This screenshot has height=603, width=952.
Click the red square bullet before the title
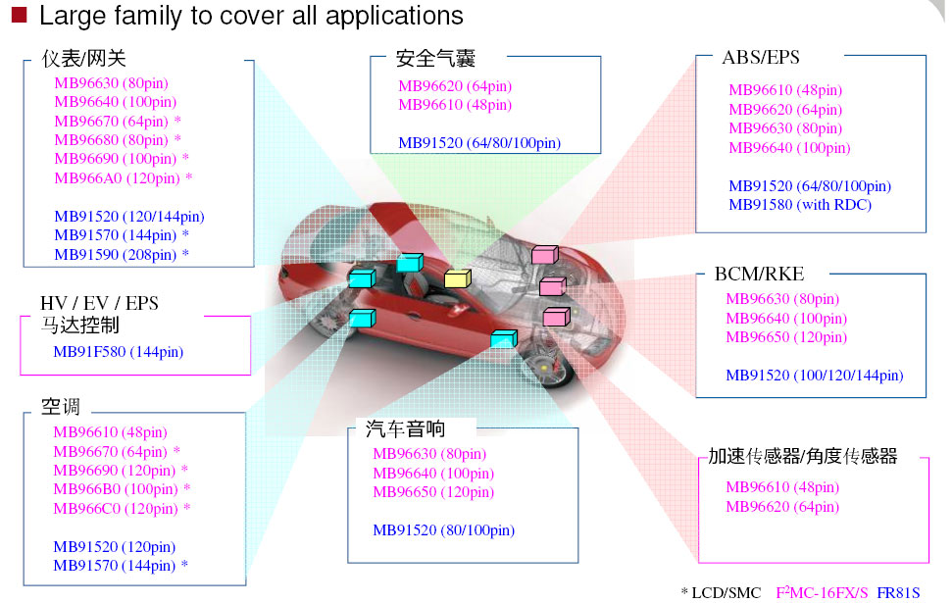(x=18, y=15)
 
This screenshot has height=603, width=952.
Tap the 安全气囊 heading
(x=436, y=59)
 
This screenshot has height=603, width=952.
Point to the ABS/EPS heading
(x=761, y=57)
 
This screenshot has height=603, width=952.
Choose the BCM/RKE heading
(x=759, y=274)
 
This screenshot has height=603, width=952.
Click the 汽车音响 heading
(x=405, y=428)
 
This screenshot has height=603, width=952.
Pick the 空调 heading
(x=61, y=406)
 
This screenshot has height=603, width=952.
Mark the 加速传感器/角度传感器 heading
(x=803, y=456)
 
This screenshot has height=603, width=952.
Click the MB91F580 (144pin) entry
(x=118, y=352)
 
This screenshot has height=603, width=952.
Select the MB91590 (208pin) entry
(x=116, y=255)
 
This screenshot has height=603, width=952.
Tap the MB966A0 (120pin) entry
(x=117, y=178)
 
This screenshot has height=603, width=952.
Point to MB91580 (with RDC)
(x=799, y=205)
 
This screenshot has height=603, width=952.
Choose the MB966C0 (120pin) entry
(x=116, y=509)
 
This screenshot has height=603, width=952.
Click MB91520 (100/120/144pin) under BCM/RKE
(x=814, y=376)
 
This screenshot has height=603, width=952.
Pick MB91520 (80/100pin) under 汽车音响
(x=443, y=530)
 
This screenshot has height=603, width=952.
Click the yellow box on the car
(x=457, y=278)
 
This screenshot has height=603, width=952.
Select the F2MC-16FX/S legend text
(x=823, y=592)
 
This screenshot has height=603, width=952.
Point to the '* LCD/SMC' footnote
(x=721, y=592)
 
